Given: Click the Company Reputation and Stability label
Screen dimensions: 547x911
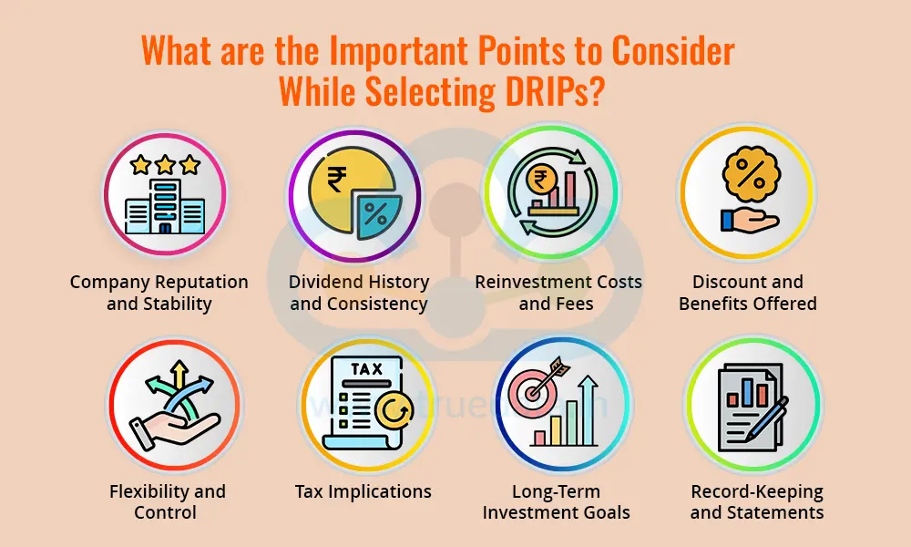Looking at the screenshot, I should tap(159, 293).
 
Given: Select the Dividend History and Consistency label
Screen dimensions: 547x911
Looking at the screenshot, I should tap(359, 293).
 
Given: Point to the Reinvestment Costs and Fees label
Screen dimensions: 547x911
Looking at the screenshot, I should tap(558, 293).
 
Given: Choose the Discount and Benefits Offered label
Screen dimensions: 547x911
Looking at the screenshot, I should tap(747, 293).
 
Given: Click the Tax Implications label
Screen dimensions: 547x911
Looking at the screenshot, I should tap(363, 491).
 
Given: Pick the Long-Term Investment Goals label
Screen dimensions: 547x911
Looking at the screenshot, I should tap(557, 501).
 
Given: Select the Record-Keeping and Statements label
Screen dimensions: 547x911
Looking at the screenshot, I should tap(756, 501).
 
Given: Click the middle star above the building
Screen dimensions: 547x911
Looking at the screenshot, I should tap(165, 164).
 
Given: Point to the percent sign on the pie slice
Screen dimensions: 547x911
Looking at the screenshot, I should tap(375, 218).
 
